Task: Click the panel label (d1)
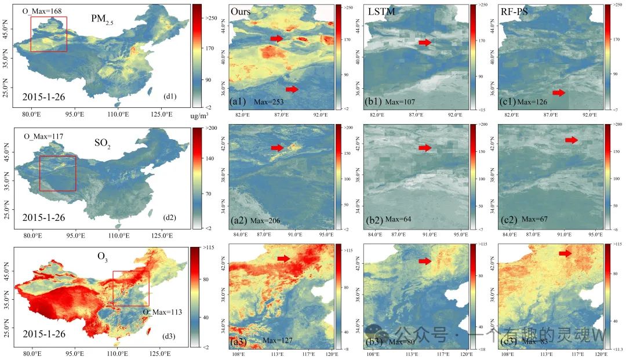tap(171, 96)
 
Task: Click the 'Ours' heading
tap(241, 11)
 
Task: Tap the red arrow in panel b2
tap(425, 148)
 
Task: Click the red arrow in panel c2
tap(572, 140)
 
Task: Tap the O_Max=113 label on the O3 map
tap(163, 312)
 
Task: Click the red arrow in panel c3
tap(566, 253)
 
